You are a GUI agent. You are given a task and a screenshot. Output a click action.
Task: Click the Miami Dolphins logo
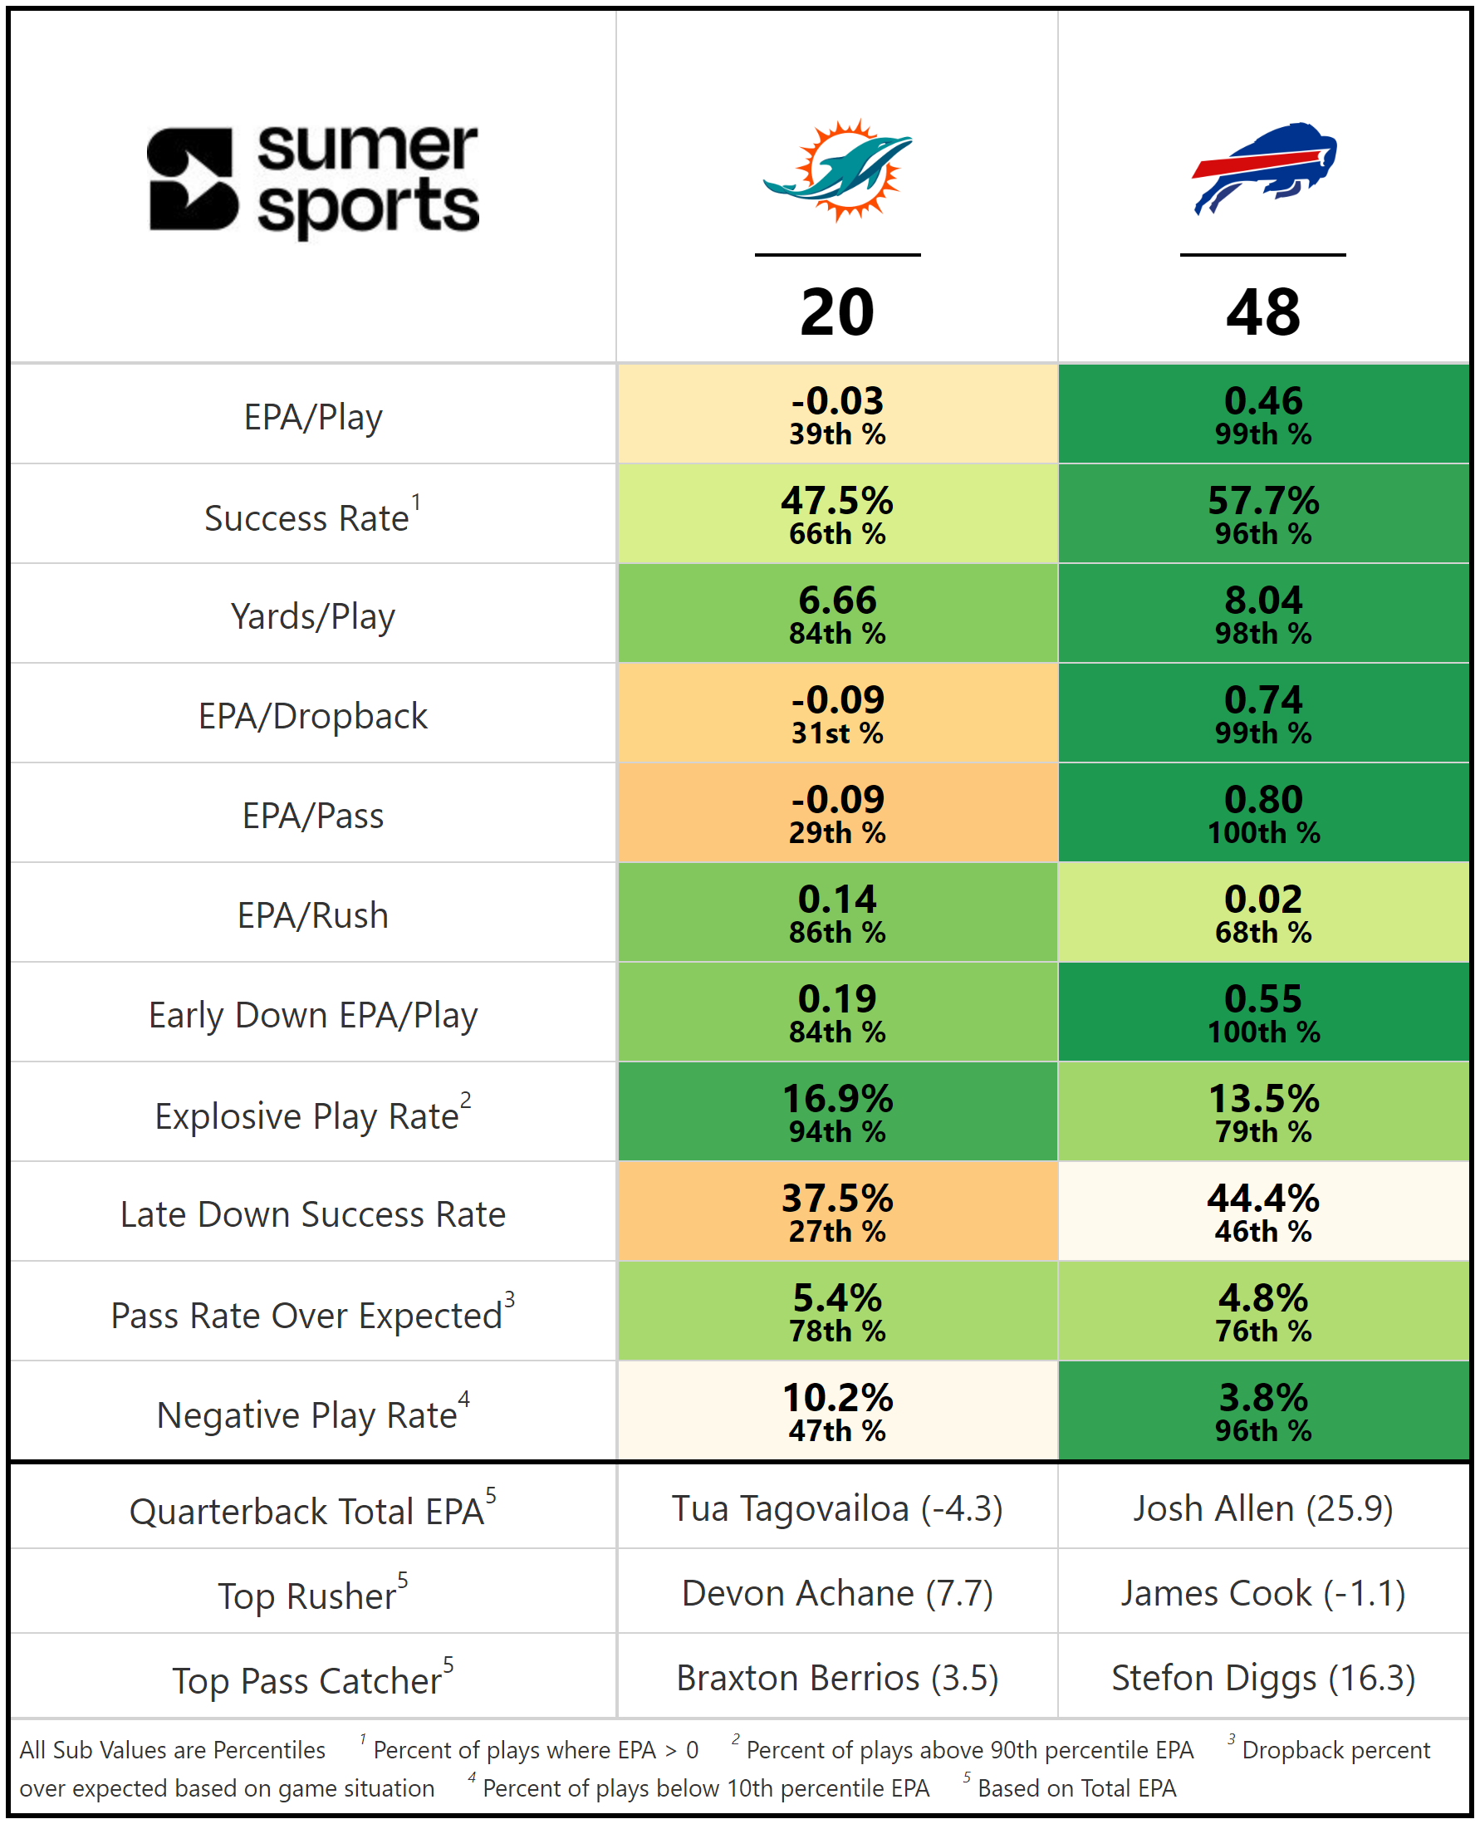click(837, 170)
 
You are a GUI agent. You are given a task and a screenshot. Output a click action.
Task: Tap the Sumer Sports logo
click(313, 180)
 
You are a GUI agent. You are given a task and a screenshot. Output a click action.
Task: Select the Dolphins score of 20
click(837, 312)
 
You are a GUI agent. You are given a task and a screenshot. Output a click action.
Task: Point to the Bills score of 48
click(1262, 312)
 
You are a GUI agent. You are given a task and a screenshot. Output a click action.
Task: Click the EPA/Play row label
click(313, 417)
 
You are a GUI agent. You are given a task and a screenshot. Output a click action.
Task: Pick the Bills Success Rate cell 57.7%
click(1262, 513)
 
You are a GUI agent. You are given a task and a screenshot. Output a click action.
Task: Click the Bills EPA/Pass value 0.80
click(1262, 812)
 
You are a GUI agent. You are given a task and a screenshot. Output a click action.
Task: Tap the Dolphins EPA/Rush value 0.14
click(837, 913)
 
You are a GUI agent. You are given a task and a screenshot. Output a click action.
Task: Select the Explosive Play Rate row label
click(312, 1115)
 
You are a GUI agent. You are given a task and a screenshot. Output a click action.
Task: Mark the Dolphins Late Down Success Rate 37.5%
click(837, 1211)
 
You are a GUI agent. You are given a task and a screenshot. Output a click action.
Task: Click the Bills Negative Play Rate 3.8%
click(1262, 1410)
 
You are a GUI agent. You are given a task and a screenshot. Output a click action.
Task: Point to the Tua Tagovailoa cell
click(837, 1508)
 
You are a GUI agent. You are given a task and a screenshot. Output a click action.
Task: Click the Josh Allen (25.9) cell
click(1262, 1508)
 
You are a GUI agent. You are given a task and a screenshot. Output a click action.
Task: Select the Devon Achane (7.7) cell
click(837, 1593)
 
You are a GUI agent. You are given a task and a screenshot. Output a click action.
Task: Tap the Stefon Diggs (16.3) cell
click(1262, 1677)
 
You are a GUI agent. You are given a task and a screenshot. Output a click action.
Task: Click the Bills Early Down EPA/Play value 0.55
click(1262, 1012)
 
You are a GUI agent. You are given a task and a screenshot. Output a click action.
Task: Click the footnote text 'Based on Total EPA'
click(1076, 1788)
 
